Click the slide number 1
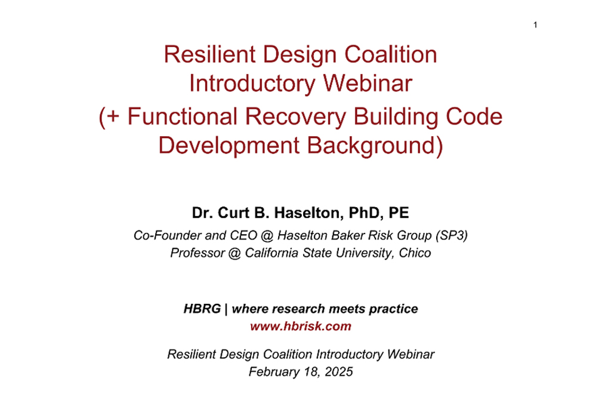[535, 25]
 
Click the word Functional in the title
[183, 116]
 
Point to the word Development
[229, 146]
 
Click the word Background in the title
[371, 146]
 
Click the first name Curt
[233, 213]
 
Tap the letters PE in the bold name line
[399, 213]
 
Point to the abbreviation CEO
[243, 235]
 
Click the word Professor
[198, 253]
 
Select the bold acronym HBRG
[202, 309]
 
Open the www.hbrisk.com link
[301, 326]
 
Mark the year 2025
[339, 371]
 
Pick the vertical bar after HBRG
[226, 309]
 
